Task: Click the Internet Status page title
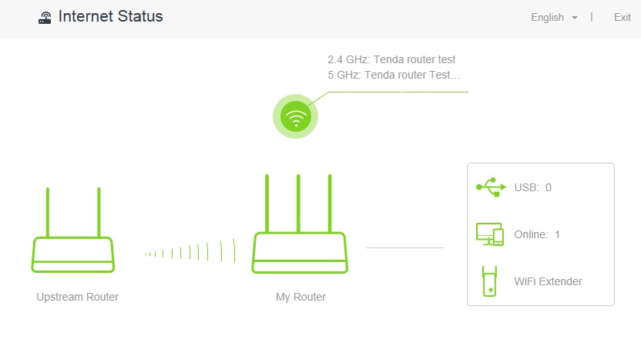110,16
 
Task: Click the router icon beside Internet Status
45,18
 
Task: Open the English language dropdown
554,17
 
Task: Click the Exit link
623,17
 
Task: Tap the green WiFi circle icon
296,116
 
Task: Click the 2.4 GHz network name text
391,59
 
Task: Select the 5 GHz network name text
394,76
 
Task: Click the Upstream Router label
77,297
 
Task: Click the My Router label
301,297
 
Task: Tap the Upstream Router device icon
72,254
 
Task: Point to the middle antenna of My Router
298,204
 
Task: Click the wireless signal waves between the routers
190,251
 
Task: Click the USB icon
491,187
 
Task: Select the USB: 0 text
532,187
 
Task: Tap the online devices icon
490,234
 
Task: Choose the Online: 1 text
537,234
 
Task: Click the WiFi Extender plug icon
489,281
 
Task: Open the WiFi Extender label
549,281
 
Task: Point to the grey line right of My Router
405,247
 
